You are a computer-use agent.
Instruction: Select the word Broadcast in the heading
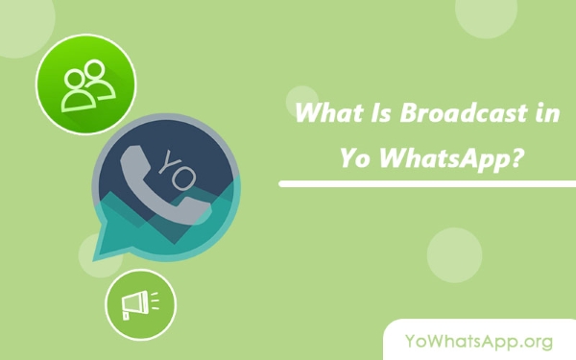(464, 112)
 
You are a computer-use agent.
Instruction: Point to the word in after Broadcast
(547, 113)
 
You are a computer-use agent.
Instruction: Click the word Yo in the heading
(354, 158)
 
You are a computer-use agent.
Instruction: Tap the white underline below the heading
(427, 183)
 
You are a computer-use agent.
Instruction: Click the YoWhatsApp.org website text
(479, 341)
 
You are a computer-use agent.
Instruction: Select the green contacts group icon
(85, 84)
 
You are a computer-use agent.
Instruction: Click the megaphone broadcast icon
(140, 304)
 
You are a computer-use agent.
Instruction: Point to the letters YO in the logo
(177, 170)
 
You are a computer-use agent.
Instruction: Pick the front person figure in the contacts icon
(78, 91)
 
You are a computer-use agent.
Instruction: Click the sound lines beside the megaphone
(155, 300)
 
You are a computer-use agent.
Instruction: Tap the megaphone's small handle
(126, 316)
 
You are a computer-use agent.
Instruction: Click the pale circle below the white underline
(454, 255)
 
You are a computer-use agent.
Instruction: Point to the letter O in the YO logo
(183, 179)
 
